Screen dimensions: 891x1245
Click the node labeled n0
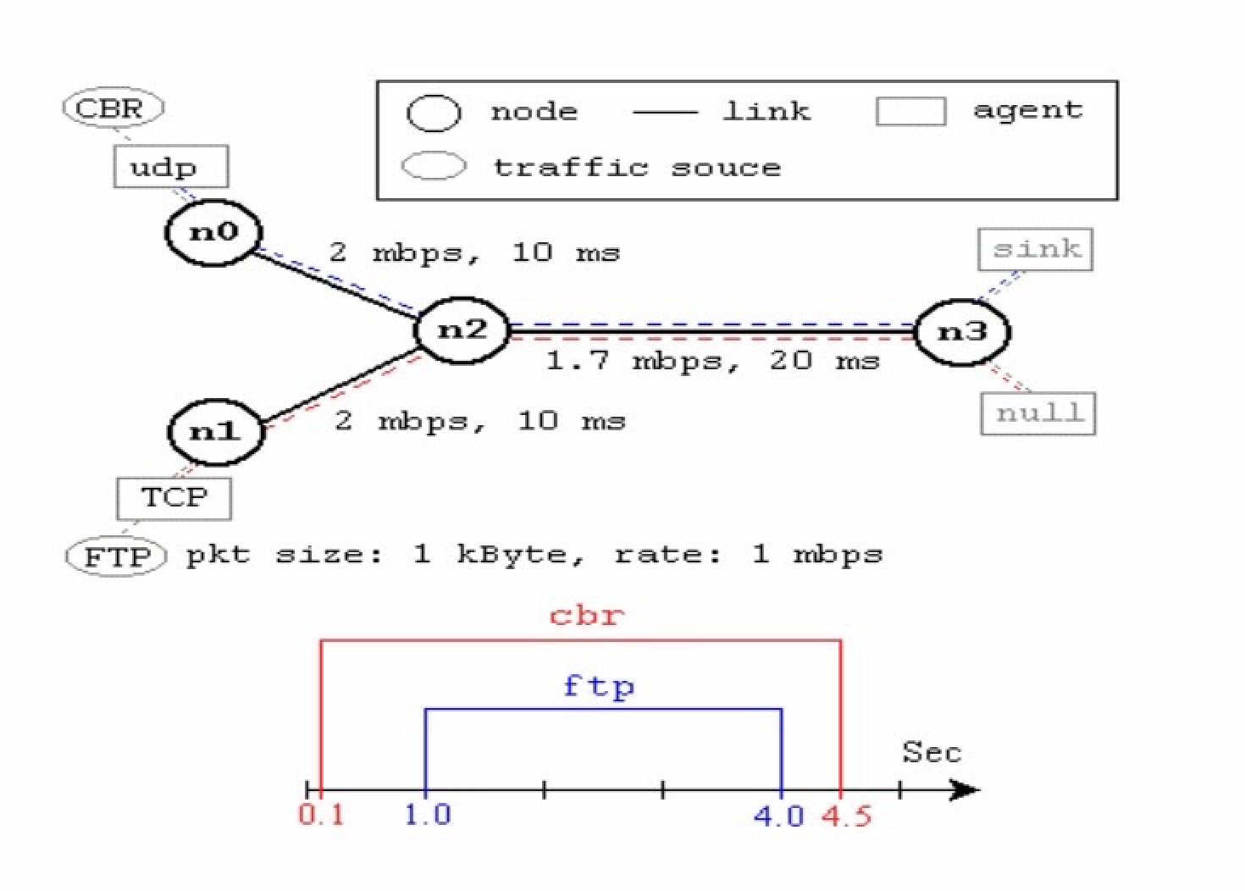[213, 232]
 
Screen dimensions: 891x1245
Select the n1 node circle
[215, 432]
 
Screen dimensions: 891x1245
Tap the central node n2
[462, 330]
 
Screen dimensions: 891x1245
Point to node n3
[963, 331]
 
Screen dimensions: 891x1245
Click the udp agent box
[170, 166]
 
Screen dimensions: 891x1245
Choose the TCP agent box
[174, 498]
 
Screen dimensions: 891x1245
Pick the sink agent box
[1035, 250]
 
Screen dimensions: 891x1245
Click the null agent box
[1037, 413]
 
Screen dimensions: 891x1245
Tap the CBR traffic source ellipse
[113, 108]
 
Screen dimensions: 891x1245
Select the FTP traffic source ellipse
[116, 556]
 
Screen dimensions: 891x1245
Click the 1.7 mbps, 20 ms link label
[712, 361]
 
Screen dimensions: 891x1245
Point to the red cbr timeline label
[586, 614]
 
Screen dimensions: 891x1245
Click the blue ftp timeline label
[598, 685]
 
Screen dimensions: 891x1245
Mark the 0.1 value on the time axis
[321, 815]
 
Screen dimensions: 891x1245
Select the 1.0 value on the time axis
[427, 815]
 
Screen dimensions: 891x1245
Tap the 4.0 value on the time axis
[778, 816]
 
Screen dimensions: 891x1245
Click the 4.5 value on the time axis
[846, 816]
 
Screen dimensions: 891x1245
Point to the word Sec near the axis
[931, 752]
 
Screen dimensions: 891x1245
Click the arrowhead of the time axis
[966, 790]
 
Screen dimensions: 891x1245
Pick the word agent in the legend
[1027, 110]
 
